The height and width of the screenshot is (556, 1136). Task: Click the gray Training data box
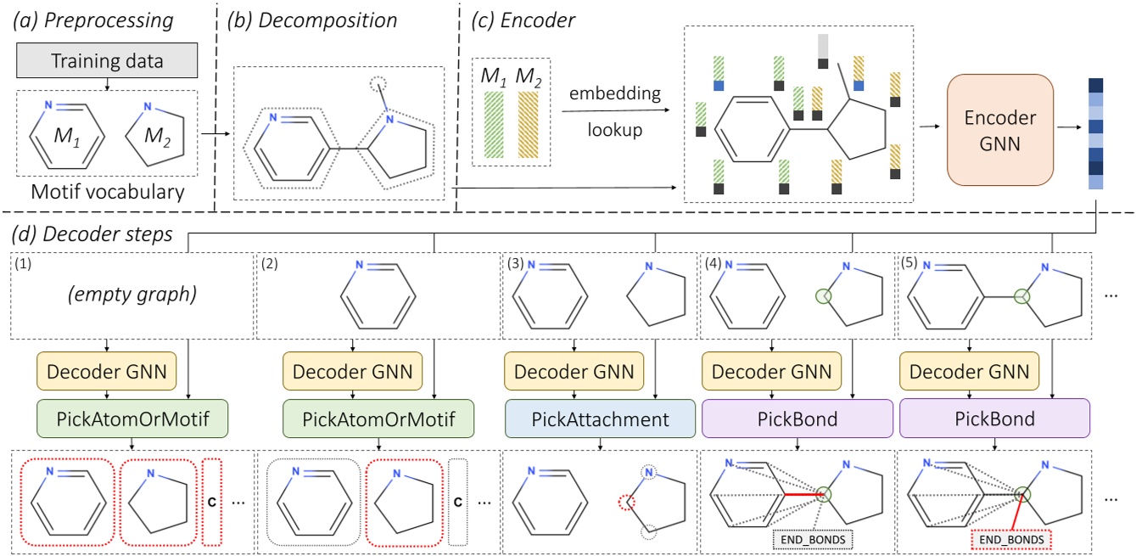tap(108, 61)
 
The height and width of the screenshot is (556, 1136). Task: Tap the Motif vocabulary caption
tap(108, 192)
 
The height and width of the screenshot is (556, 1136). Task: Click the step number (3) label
tap(514, 263)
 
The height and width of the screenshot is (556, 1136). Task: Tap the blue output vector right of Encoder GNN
tap(1095, 133)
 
